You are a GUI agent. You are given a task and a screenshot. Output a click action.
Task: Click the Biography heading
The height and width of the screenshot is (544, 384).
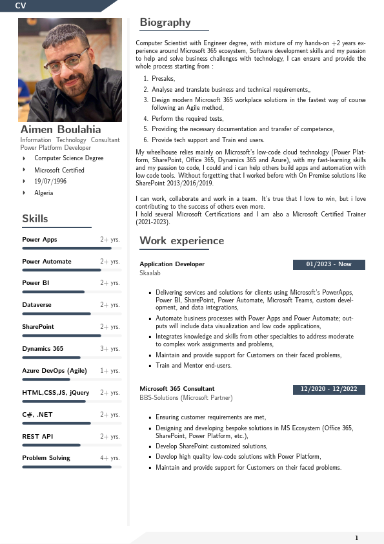click(165, 23)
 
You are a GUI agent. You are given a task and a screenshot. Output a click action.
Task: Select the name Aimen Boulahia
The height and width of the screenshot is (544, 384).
click(61, 129)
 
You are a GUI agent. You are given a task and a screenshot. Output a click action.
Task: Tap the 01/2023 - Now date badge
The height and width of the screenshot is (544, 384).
click(328, 264)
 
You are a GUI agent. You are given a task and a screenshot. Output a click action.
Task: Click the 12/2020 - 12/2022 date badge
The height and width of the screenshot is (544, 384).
click(328, 390)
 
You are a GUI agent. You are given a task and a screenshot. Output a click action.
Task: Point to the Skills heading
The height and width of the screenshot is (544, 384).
click(35, 219)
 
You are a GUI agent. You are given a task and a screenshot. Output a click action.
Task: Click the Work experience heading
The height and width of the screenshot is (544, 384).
click(182, 241)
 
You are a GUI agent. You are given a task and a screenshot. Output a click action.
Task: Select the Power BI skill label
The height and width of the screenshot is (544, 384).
click(36, 283)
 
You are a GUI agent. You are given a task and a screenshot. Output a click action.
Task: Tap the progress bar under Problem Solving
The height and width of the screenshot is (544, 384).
click(66, 466)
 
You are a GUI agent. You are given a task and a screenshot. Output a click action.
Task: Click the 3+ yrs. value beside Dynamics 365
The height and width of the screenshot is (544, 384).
click(110, 349)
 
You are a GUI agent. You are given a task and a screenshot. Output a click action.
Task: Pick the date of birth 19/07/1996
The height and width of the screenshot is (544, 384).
click(50, 182)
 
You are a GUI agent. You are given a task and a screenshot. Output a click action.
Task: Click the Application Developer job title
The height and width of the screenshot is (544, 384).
click(172, 264)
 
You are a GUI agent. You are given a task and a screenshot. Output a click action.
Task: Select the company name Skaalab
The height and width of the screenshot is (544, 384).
click(150, 273)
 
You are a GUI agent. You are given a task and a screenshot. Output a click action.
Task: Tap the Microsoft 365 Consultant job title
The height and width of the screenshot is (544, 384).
click(177, 389)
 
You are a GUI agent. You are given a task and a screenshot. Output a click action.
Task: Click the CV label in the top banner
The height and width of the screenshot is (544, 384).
click(21, 5)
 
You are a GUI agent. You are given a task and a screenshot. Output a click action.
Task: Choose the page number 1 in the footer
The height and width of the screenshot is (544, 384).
click(356, 538)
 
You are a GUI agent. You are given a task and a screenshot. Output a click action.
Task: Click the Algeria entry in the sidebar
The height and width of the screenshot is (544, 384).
click(44, 193)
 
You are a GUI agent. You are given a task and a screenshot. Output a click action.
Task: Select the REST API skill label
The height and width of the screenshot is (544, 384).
click(37, 437)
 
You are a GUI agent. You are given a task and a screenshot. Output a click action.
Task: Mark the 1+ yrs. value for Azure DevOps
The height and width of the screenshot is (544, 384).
click(110, 371)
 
